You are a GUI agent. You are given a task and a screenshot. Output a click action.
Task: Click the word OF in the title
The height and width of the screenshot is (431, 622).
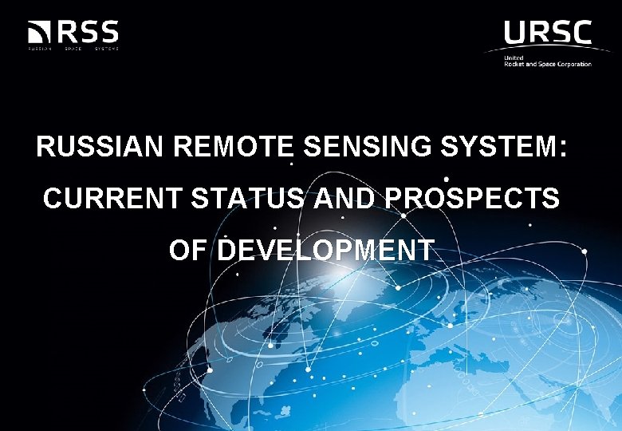[189, 250]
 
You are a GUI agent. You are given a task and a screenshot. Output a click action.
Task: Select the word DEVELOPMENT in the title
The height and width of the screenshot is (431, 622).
[326, 250]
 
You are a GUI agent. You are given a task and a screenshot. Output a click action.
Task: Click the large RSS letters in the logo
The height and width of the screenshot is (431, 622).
[87, 33]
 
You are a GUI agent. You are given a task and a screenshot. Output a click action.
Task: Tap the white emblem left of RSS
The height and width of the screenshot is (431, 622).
[39, 34]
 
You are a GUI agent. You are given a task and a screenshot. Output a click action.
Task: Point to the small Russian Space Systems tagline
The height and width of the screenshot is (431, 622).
[73, 49]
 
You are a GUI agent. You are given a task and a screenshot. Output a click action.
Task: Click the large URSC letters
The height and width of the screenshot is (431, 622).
[547, 33]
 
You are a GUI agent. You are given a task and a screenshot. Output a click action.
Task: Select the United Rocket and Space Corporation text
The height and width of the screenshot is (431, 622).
[547, 61]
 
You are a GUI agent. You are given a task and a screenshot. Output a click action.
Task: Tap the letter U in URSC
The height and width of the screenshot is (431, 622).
[515, 33]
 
